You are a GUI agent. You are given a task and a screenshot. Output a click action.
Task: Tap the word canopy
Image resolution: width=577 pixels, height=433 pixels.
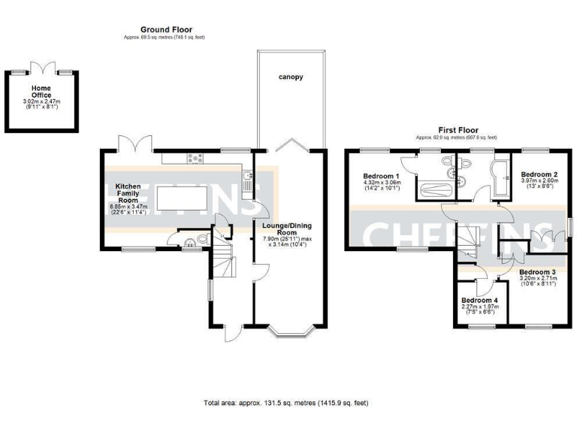point(291,77)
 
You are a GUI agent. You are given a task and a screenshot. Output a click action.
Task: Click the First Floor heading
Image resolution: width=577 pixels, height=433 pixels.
point(458,130)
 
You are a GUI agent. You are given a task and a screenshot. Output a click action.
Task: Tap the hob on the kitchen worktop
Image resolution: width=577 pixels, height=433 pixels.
point(197,158)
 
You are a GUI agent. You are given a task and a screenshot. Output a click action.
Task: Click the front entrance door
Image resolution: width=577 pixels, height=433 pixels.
point(232,332)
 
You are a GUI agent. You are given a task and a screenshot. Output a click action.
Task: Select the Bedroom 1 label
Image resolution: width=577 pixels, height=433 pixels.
point(382,174)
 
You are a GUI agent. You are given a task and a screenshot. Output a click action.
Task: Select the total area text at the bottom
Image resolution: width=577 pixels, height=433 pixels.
point(286,403)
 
